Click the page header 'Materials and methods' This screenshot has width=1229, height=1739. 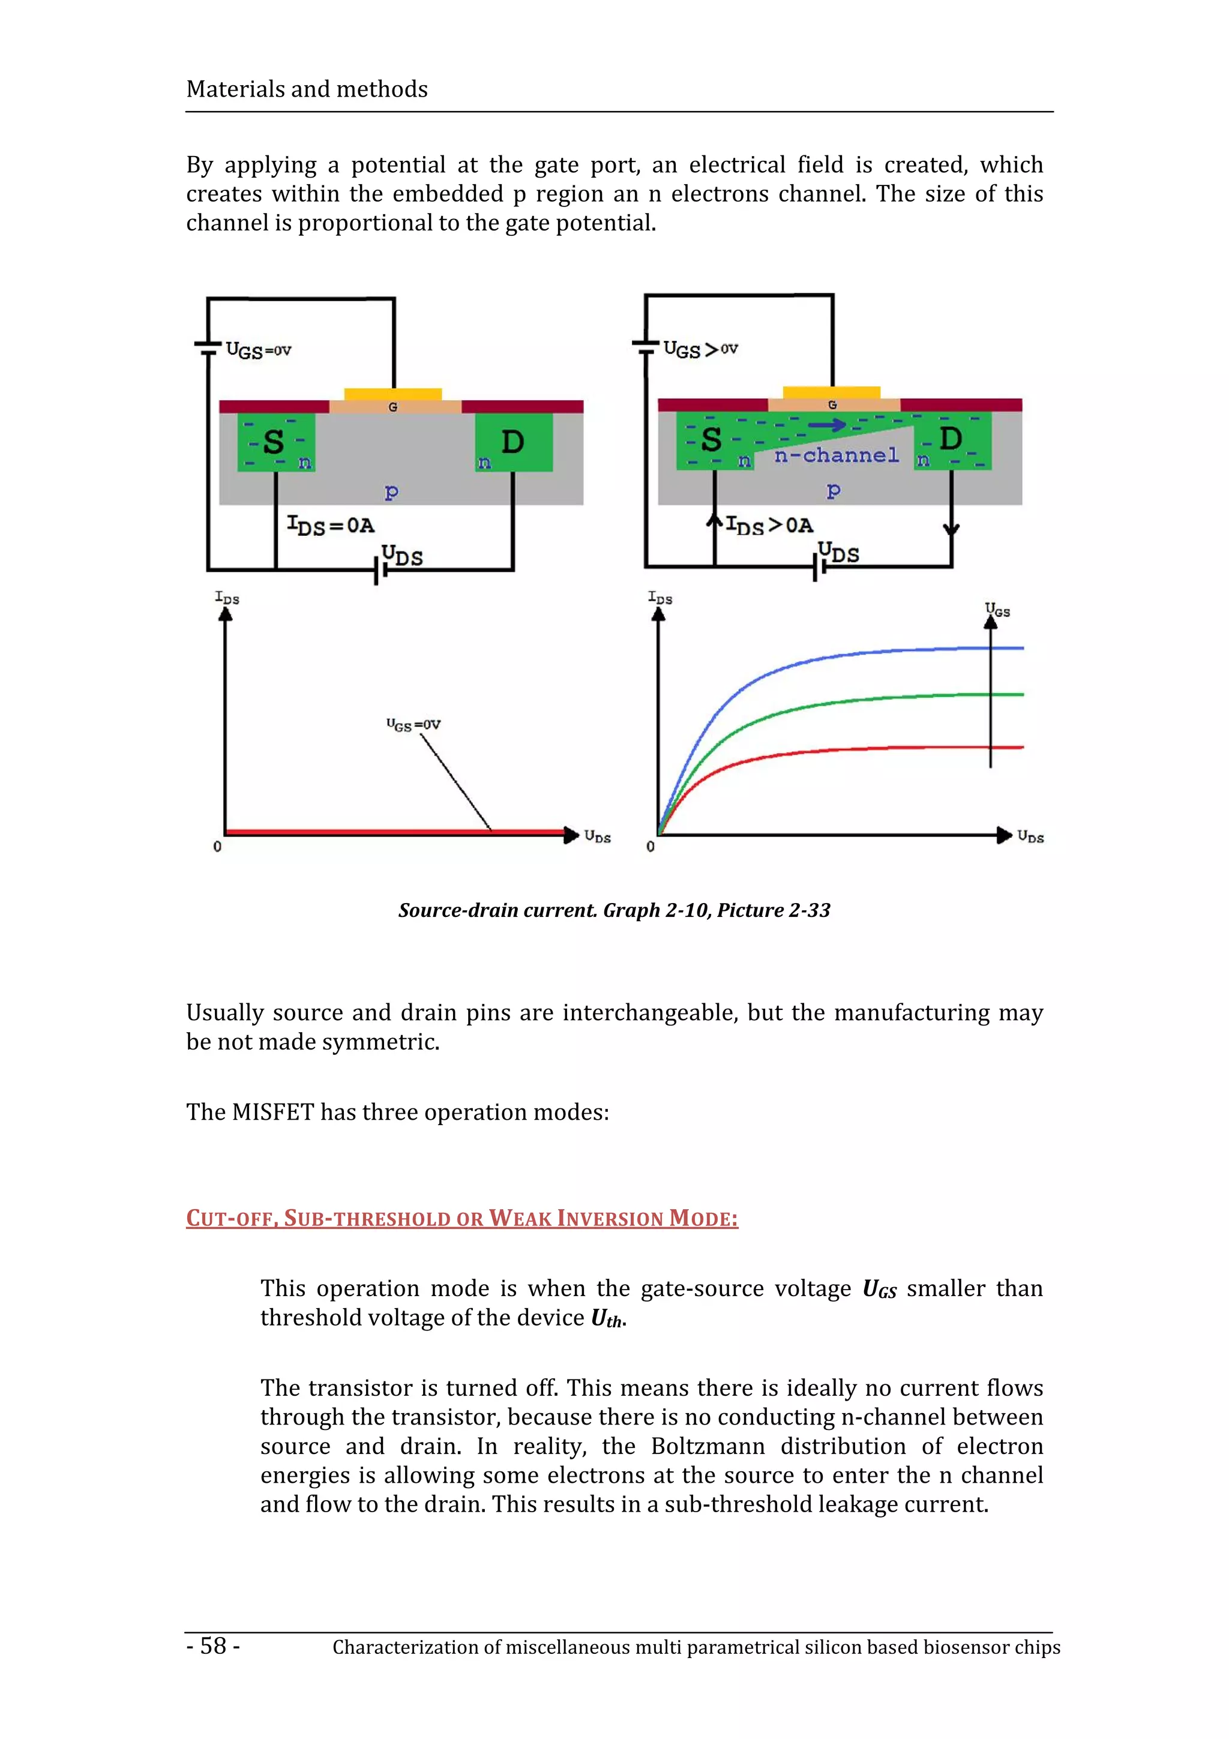click(x=307, y=89)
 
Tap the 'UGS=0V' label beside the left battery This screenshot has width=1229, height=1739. click(x=258, y=350)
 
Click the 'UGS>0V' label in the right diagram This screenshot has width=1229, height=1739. click(x=700, y=349)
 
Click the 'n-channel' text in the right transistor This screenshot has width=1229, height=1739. click(x=836, y=455)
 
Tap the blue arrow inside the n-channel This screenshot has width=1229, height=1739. click(x=828, y=425)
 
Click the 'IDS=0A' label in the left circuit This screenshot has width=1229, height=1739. click(x=331, y=525)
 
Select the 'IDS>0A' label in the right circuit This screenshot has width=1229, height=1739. click(x=769, y=525)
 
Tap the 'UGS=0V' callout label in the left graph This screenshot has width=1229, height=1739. click(x=413, y=725)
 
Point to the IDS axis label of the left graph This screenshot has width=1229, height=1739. click(x=227, y=598)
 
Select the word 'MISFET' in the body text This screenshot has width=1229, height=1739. click(x=272, y=1112)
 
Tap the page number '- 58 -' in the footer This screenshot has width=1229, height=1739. click(x=214, y=1646)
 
